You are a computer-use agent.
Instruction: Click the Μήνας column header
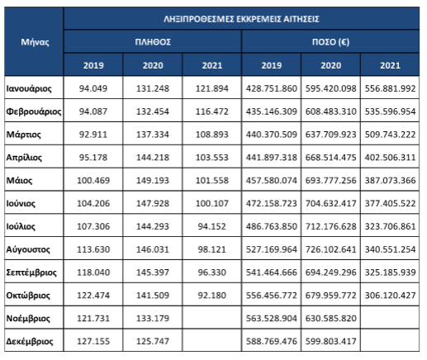tap(35, 42)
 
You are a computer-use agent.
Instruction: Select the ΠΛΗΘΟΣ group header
tap(153, 42)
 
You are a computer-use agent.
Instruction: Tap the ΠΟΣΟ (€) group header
tap(330, 42)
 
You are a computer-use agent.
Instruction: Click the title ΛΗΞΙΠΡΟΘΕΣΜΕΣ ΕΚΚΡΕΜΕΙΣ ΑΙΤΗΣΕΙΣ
tap(241, 19)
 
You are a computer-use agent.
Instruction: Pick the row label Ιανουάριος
tap(29, 88)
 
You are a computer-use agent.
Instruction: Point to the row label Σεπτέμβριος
tap(31, 272)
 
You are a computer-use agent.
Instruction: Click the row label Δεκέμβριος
tap(30, 341)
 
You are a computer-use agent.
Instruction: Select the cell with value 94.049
tap(93, 88)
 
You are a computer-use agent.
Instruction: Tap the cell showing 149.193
tap(153, 181)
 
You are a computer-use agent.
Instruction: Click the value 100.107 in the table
tap(212, 203)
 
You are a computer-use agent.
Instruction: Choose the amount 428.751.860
tap(272, 88)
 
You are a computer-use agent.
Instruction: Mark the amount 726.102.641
tap(330, 249)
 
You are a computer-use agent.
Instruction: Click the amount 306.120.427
tap(390, 296)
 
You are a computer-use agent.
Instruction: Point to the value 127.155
tap(93, 341)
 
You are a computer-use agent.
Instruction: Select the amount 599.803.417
tap(330, 341)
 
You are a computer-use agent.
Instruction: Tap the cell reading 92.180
tap(212, 296)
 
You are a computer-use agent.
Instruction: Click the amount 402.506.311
tap(390, 158)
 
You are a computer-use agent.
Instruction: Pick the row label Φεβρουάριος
tap(34, 111)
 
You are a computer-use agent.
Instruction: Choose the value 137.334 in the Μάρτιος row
tap(153, 135)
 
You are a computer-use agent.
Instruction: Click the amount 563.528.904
tap(272, 319)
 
